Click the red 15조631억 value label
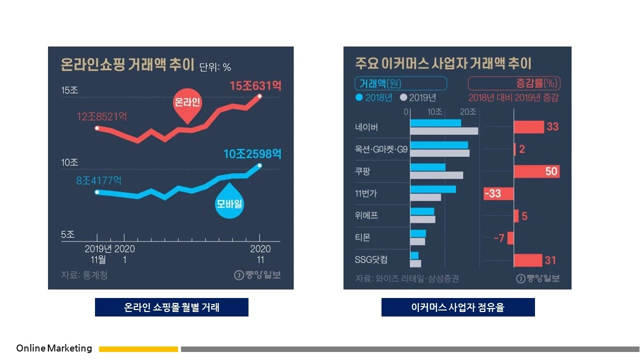(x=255, y=86)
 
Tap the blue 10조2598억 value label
(x=252, y=154)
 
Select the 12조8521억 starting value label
(x=101, y=117)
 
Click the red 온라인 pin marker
(x=187, y=105)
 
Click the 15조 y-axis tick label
(x=69, y=90)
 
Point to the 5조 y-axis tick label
(x=67, y=234)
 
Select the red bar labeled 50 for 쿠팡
(x=536, y=171)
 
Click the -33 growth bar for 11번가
(x=498, y=193)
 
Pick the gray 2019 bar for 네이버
(x=444, y=131)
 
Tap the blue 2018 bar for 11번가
(x=433, y=189)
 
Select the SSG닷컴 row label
(x=371, y=260)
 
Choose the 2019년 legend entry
(x=418, y=97)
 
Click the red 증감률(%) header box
(x=514, y=82)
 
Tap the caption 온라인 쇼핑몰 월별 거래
(x=171, y=307)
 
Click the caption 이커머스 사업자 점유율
(x=458, y=307)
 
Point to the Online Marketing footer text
(x=54, y=348)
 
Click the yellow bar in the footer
(x=138, y=349)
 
